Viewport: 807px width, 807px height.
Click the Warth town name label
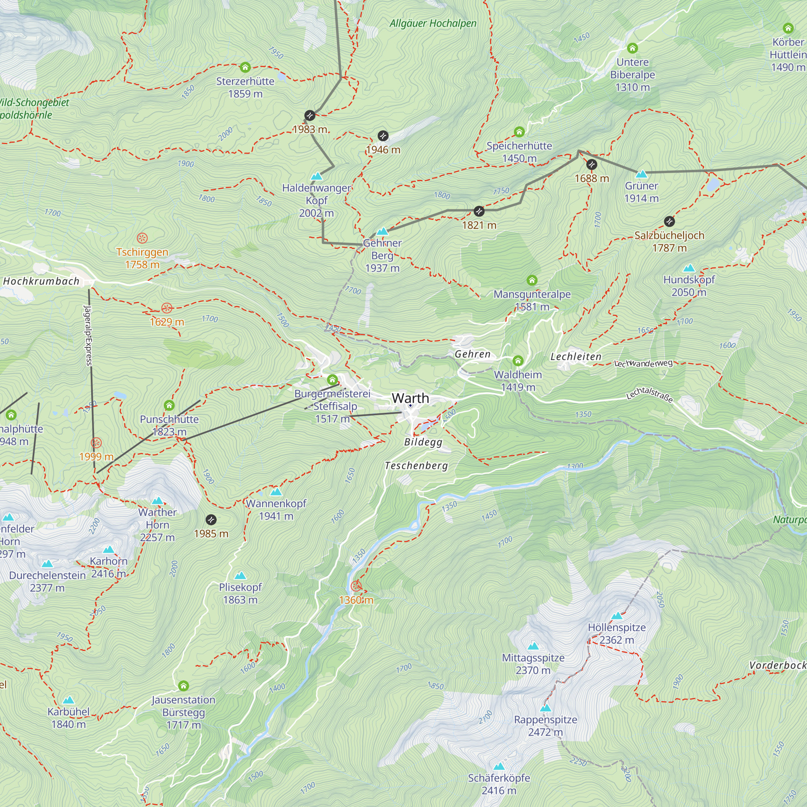(410, 398)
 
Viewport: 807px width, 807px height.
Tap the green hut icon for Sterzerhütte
(245, 67)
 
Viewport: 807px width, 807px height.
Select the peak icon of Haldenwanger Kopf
(317, 176)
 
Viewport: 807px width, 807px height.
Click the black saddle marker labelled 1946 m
(383, 136)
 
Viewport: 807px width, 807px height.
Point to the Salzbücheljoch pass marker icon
(669, 222)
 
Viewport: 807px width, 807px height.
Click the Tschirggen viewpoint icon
(142, 238)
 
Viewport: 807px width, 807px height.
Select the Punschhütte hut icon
(169, 406)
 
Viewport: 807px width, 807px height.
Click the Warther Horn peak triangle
(157, 501)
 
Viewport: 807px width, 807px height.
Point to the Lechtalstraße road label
(650, 394)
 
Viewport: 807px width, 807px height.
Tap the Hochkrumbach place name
(41, 281)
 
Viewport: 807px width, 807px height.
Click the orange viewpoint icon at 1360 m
(356, 586)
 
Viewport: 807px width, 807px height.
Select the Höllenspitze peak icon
(617, 616)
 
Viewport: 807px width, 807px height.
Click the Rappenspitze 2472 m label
(546, 725)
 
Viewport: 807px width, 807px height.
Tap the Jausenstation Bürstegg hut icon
(183, 686)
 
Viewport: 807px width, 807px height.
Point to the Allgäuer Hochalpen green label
(433, 23)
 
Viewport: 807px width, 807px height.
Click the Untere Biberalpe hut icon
(632, 48)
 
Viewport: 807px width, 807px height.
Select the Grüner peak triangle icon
(641, 174)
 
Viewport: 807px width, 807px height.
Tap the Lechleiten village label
(576, 356)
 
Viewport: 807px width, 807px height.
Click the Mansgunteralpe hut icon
(532, 280)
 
